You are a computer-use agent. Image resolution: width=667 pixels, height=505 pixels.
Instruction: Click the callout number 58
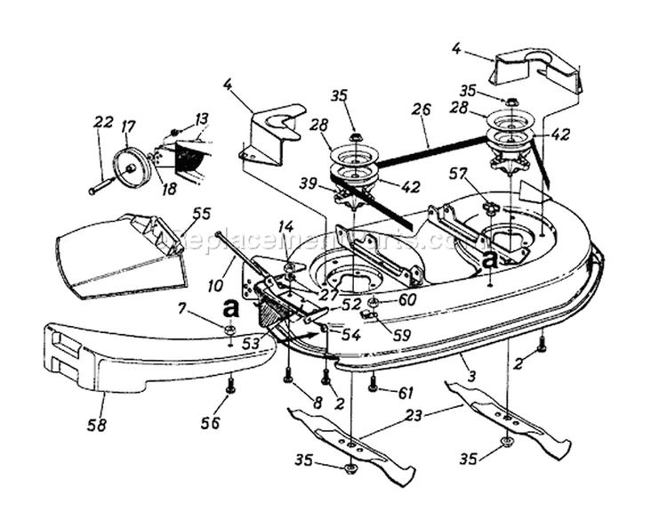pyautogui.click(x=97, y=425)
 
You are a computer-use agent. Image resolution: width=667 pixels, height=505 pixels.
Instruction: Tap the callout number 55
pyautogui.click(x=202, y=214)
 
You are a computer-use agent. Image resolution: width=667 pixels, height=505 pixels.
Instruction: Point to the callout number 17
pyautogui.click(x=128, y=127)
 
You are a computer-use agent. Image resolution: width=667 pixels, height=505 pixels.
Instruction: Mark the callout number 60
pyautogui.click(x=407, y=299)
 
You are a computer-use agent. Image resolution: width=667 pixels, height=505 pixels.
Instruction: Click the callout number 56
pyautogui.click(x=211, y=423)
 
